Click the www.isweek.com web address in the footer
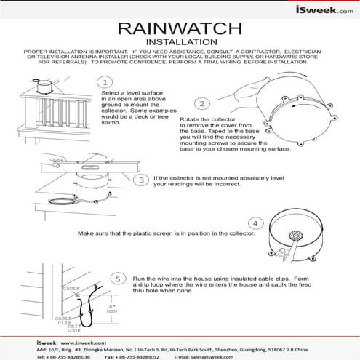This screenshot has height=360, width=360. (x=83, y=342)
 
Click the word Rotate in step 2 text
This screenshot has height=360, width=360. (x=187, y=119)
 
